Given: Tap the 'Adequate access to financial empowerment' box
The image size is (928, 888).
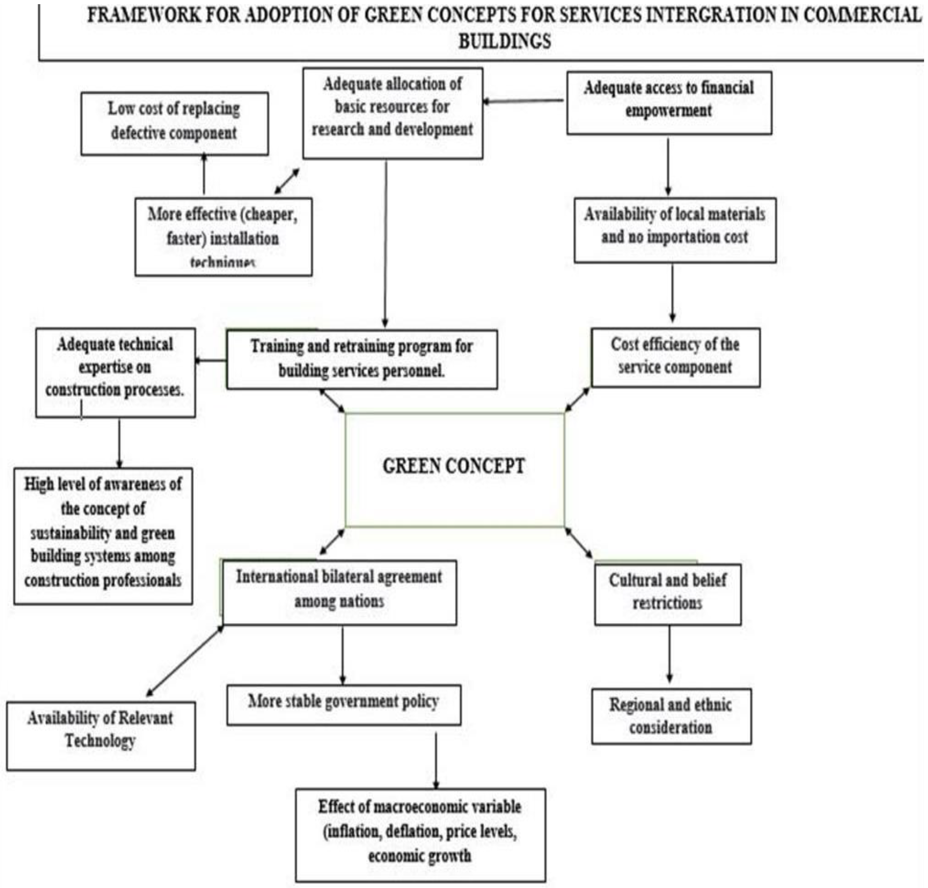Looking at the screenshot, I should (x=669, y=103).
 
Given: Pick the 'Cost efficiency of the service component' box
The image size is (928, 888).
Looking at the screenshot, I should (x=675, y=357).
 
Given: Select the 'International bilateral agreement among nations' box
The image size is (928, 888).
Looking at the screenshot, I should (x=339, y=592).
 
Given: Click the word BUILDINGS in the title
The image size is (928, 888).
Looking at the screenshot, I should (x=504, y=41).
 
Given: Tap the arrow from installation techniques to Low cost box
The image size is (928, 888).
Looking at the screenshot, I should (x=204, y=174).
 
